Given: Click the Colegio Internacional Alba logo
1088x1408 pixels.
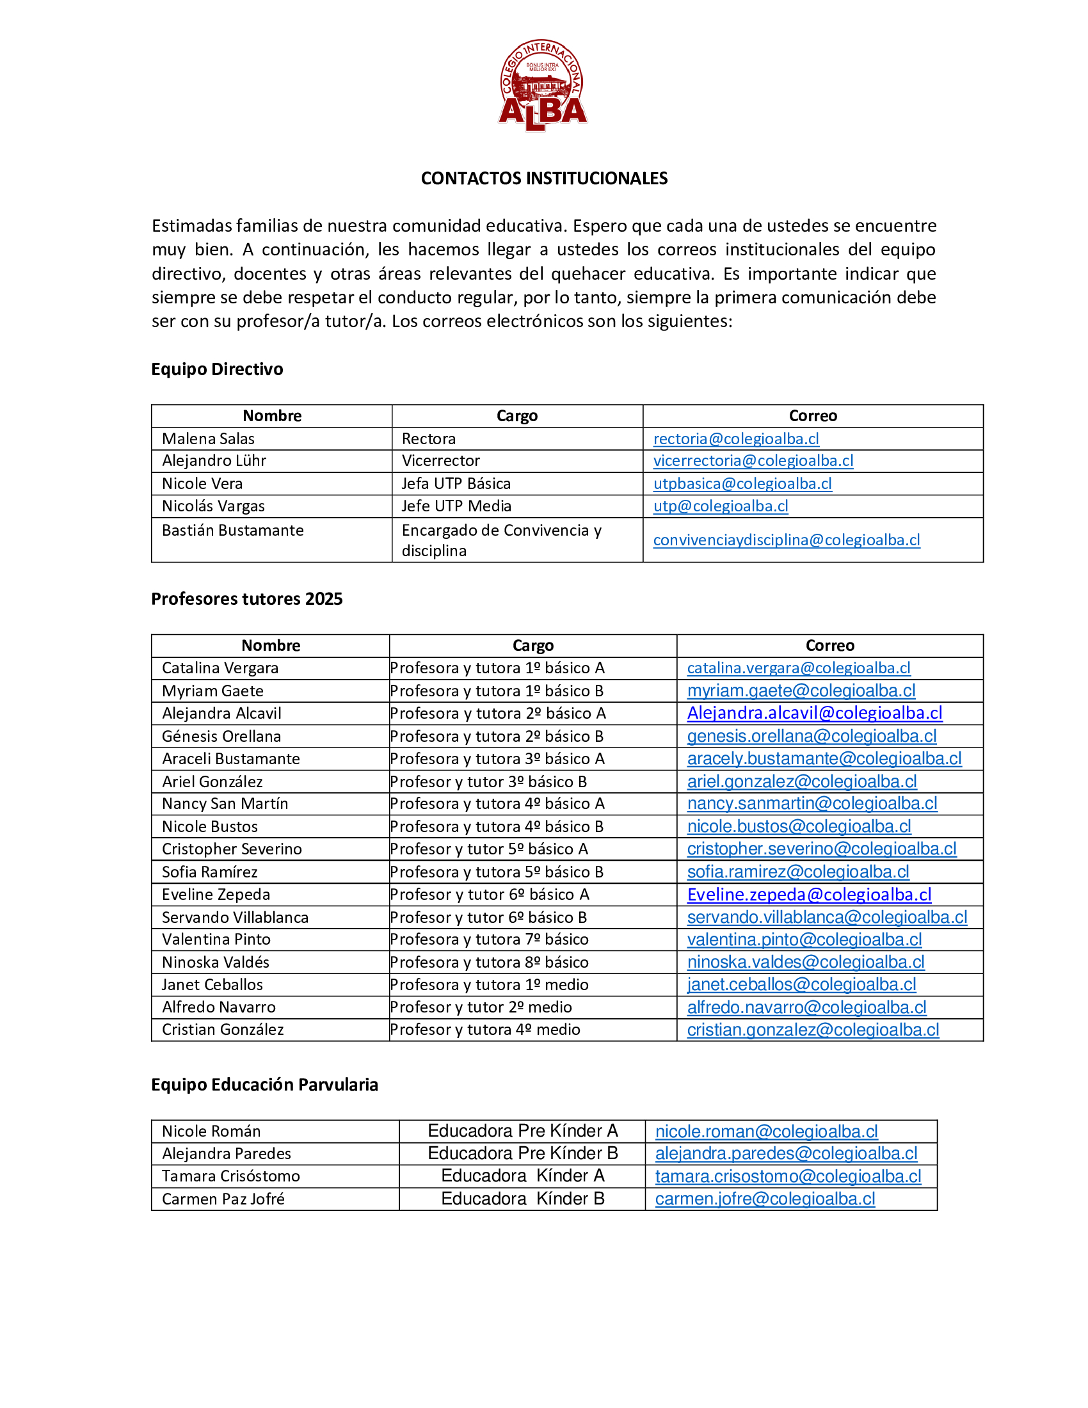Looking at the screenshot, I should click(543, 84).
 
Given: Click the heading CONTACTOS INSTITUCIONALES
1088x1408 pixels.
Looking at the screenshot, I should click(544, 179).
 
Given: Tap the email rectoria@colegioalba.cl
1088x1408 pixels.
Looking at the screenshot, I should click(735, 439).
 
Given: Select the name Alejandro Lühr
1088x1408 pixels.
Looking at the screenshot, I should click(214, 461).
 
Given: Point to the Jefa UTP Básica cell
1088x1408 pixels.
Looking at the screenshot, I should click(456, 483).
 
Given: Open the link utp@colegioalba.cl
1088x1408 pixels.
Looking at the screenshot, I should click(720, 506).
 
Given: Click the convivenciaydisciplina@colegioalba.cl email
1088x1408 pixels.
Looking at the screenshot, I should click(787, 540).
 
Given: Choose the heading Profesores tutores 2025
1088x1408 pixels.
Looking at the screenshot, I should click(247, 599).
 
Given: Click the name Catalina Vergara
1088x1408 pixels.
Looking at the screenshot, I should click(220, 668).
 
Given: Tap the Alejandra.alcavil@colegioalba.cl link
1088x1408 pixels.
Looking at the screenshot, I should click(814, 713).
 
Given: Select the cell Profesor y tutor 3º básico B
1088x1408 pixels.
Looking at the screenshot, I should click(488, 781).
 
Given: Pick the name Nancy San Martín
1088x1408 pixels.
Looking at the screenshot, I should click(225, 804).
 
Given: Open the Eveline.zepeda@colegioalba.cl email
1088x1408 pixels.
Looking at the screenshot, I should click(809, 895).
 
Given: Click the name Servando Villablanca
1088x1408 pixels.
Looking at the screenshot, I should click(236, 917).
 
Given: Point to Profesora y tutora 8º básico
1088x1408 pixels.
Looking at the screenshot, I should click(489, 963).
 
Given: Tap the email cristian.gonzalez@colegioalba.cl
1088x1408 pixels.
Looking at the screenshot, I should click(813, 1030).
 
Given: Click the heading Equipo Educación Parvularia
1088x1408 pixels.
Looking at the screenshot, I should click(264, 1085).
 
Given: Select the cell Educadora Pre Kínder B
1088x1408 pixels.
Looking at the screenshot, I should click(523, 1153).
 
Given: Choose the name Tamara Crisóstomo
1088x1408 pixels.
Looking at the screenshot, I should click(231, 1176).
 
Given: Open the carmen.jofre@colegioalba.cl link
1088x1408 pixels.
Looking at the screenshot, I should click(765, 1199).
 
